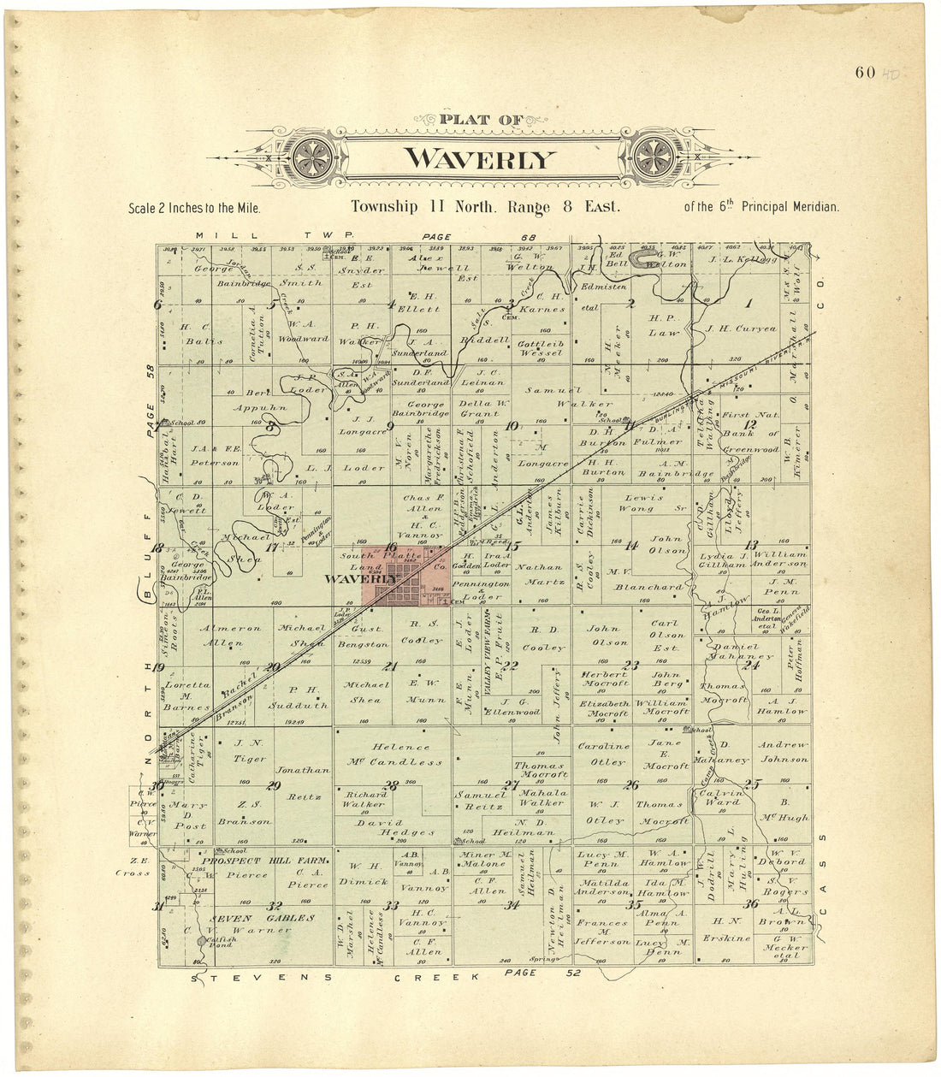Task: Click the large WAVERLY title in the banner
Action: tap(480, 159)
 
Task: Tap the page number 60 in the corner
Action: tap(864, 72)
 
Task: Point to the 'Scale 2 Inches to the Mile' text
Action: tap(194, 208)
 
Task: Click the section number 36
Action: tap(751, 904)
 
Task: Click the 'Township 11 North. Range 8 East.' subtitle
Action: tap(485, 207)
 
